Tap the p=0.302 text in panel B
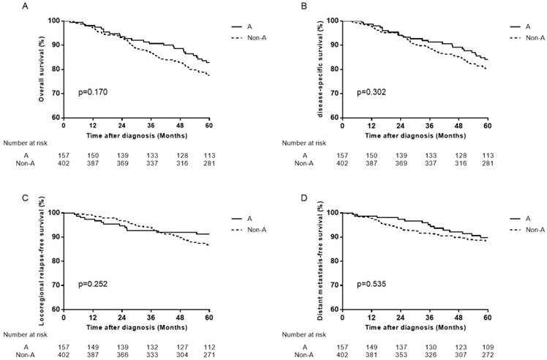(x=371, y=93)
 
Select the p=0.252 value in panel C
(x=93, y=285)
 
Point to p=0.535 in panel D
(x=371, y=285)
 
